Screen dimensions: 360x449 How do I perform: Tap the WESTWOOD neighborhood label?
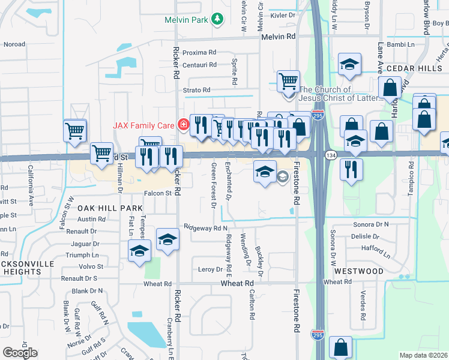pos(359,271)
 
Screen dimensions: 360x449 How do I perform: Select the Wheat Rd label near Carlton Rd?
pos(237,283)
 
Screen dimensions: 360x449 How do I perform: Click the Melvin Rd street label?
pos(279,37)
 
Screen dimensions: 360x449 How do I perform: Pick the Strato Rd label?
pos(197,90)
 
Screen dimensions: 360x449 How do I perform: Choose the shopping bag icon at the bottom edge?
pos(340,347)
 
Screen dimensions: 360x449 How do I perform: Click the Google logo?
pos(20,353)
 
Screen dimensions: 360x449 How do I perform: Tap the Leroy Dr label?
pos(210,269)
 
